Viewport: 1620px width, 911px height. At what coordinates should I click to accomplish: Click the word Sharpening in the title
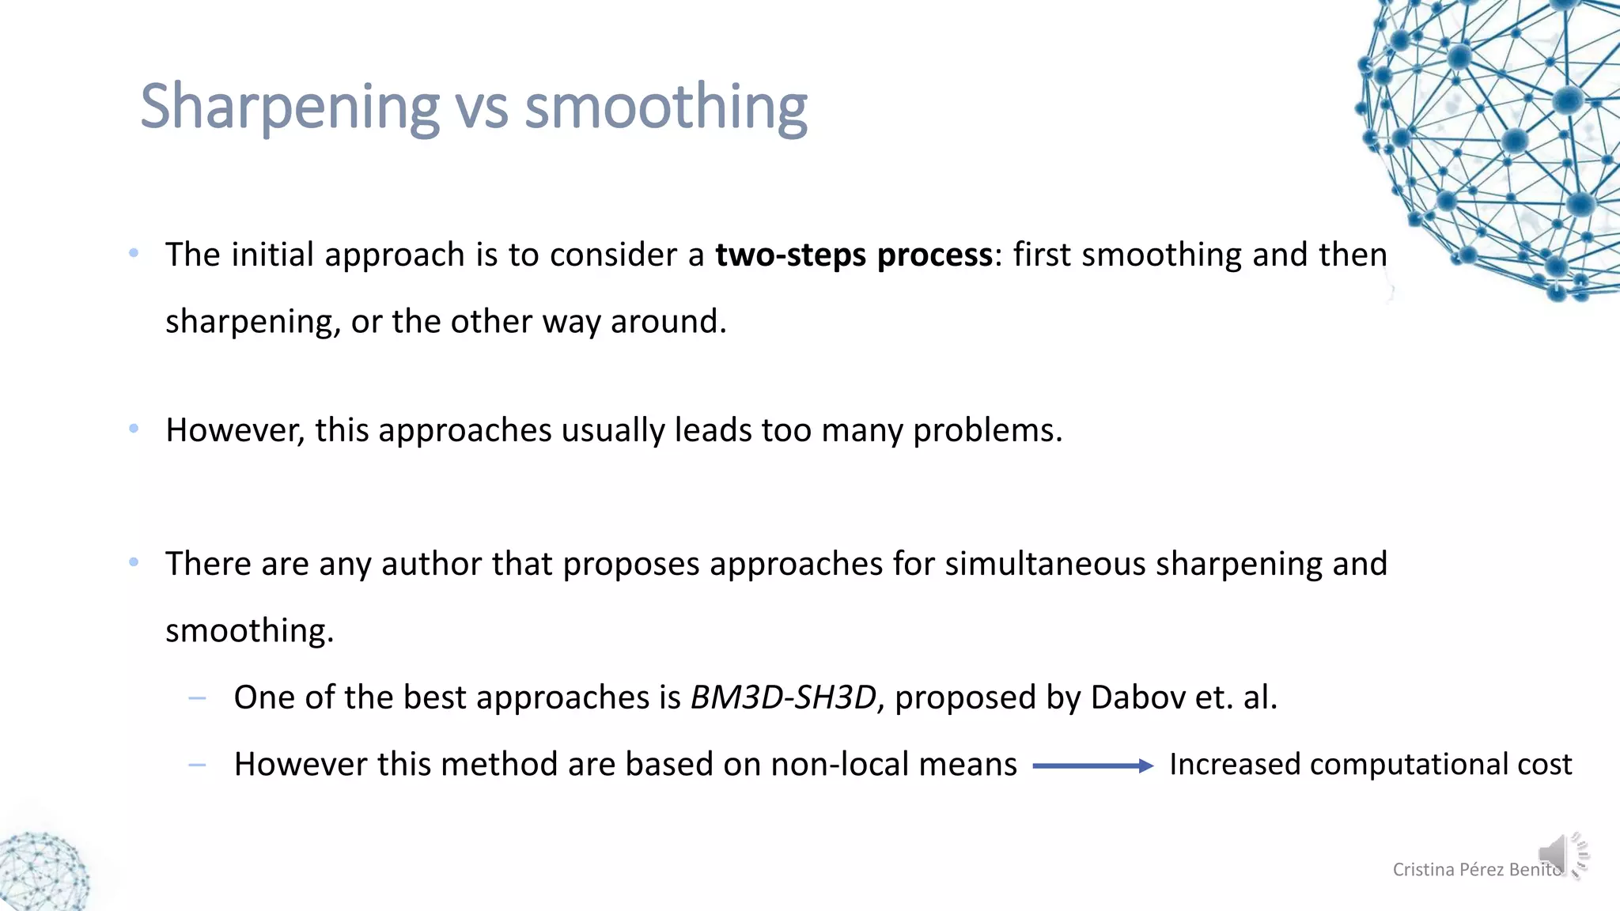290,107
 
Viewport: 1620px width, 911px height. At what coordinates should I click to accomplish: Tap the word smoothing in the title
666,107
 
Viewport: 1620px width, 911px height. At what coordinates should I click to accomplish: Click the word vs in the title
481,108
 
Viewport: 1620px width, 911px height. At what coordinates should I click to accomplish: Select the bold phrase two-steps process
854,255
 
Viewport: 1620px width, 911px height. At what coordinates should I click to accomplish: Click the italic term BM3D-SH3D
783,697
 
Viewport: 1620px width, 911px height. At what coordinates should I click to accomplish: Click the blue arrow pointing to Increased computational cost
1092,765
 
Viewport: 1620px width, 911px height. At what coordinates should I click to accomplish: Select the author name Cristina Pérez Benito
1476,870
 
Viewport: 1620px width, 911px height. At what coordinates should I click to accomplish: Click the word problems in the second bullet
987,431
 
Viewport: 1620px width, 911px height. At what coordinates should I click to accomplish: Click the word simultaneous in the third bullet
1045,564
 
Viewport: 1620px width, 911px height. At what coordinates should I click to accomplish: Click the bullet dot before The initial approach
134,253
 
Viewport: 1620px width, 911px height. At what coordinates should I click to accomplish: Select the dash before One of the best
198,698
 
